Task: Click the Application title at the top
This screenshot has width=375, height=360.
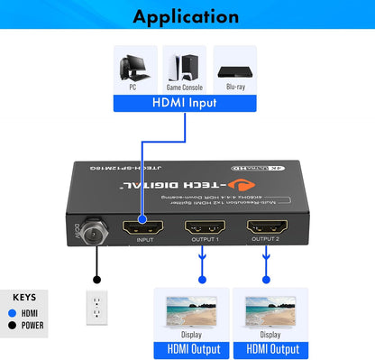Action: click(x=187, y=16)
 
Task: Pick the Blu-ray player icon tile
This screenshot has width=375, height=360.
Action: click(x=236, y=70)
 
